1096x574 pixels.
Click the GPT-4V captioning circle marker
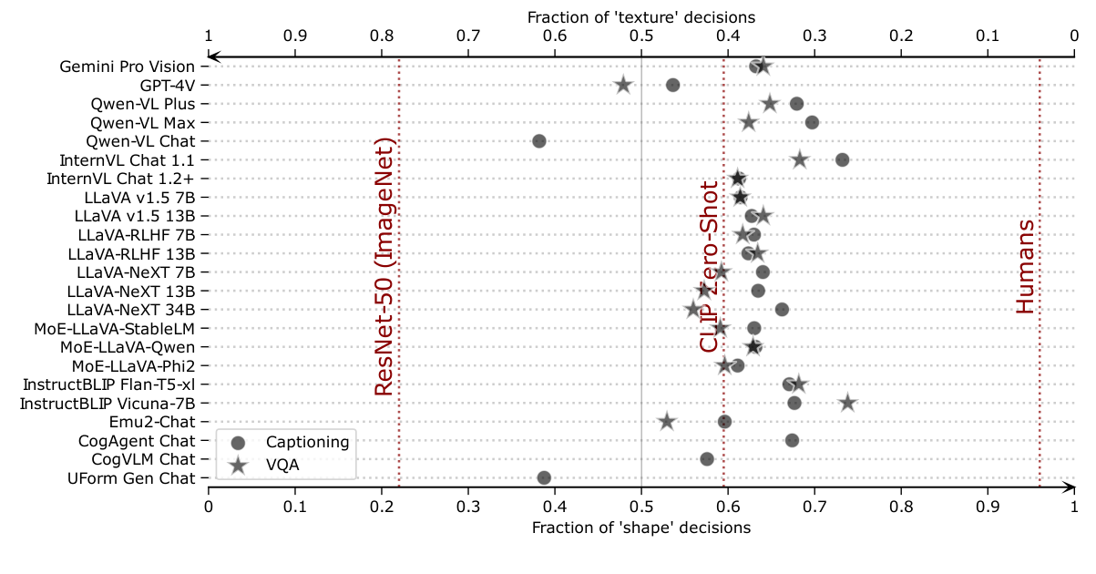click(672, 85)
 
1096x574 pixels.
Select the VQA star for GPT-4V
click(623, 85)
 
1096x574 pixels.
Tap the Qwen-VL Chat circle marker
click(538, 141)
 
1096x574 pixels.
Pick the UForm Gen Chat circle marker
click(544, 477)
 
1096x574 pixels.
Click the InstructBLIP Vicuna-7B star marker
click(847, 403)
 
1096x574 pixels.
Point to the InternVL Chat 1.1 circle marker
click(842, 159)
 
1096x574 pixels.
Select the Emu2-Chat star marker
click(667, 422)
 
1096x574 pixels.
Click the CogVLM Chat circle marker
click(707, 458)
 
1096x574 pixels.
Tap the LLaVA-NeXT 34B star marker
click(692, 310)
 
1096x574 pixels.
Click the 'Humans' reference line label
click(1026, 267)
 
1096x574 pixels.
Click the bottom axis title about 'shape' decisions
click(641, 528)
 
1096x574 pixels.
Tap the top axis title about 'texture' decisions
click(641, 16)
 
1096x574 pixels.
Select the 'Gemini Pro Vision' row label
click(127, 67)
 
